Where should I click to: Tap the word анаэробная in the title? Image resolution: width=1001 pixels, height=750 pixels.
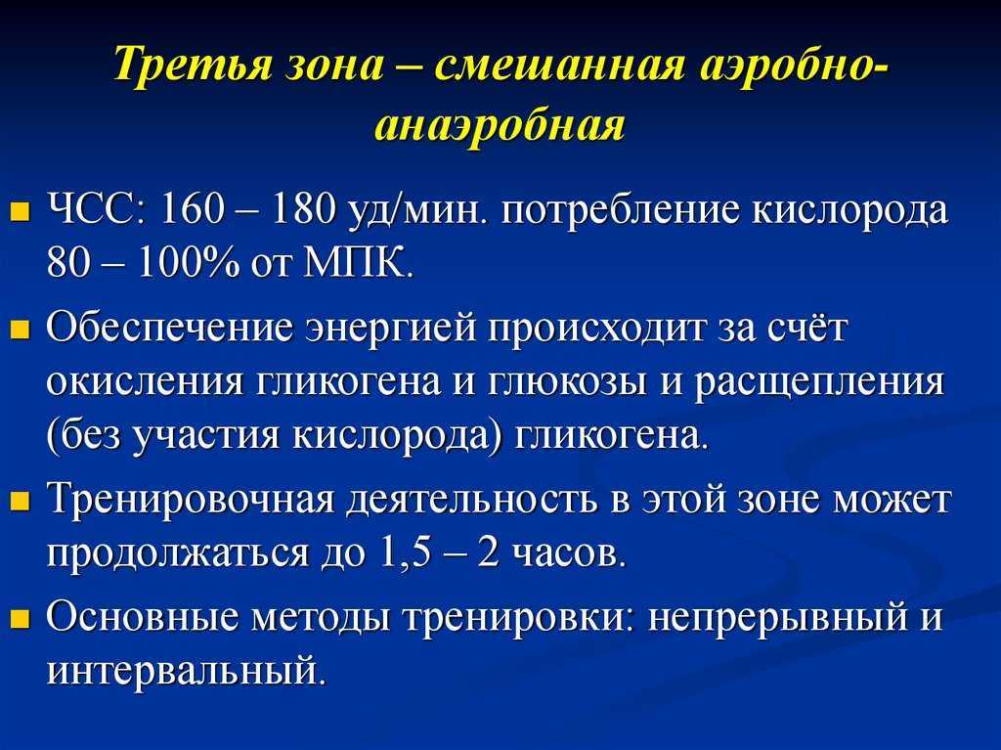(x=500, y=124)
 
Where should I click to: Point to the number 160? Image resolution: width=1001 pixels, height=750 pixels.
(x=193, y=209)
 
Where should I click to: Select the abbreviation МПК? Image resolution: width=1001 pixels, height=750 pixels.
(x=358, y=262)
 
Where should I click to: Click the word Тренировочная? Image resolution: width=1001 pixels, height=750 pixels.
(x=191, y=501)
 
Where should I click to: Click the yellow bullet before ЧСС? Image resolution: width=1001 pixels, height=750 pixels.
(x=22, y=210)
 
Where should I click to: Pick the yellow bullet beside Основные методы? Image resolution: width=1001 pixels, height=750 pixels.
(x=22, y=619)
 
